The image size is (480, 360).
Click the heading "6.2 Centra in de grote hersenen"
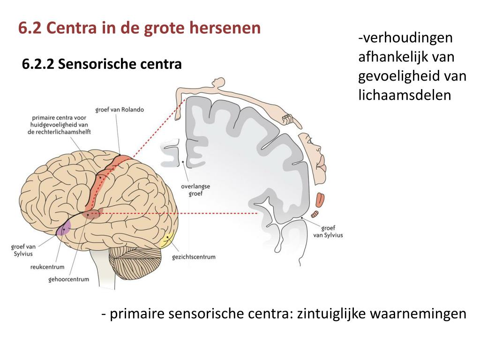pos(139,28)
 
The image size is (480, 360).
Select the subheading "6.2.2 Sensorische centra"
pos(102,64)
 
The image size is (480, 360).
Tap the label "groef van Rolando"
pos(120,110)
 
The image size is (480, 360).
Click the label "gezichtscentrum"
pos(194,257)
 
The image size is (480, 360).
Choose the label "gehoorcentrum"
pos(68,279)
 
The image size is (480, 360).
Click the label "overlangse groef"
pos(195,189)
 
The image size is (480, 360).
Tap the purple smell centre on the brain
pos(63,227)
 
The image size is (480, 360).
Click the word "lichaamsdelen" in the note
pos(404,95)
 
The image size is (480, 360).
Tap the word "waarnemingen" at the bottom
pos(418,313)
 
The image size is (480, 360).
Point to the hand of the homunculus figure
pos(292,120)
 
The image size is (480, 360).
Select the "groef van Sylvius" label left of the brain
pos(23,250)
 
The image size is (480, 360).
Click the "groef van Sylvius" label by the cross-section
pos(331,232)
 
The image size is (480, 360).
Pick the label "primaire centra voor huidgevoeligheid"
pos(59,125)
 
